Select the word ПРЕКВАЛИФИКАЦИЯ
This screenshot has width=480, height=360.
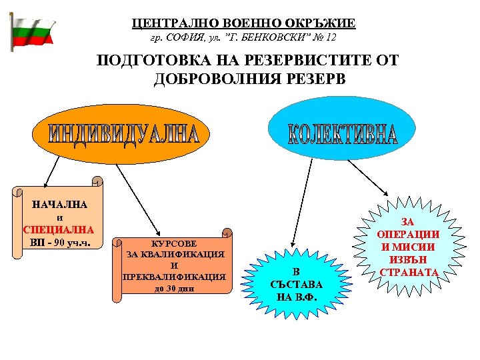tap(174, 277)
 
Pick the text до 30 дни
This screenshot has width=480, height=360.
tap(173, 289)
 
